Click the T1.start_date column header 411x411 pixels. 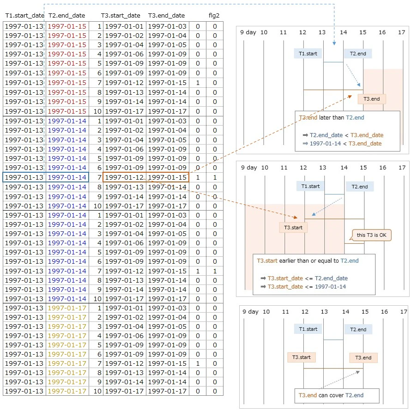24,15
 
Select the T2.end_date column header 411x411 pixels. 66,15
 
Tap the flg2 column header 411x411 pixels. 214,15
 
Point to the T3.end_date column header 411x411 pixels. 166,15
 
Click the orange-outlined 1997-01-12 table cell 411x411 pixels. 124,177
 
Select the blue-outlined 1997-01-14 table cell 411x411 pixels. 67,177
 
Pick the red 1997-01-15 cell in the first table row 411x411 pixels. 67,26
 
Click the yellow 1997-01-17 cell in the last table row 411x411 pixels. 67,391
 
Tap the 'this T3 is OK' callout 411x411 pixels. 371,235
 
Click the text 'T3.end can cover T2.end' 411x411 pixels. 331,395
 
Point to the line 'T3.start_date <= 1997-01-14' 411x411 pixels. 303,286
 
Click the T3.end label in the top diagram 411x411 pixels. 371,99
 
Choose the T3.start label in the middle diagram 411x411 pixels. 293,228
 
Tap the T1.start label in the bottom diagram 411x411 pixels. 308,329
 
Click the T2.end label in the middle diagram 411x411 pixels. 360,187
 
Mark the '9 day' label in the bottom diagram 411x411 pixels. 250,311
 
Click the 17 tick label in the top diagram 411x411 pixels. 402,32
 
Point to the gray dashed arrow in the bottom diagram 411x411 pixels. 340,379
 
